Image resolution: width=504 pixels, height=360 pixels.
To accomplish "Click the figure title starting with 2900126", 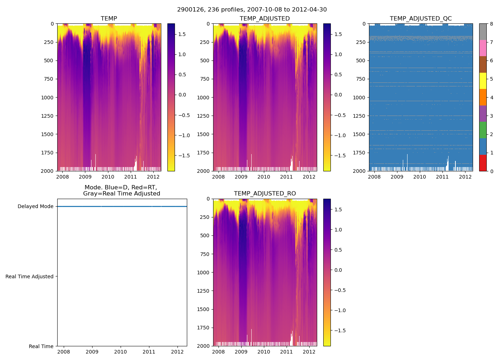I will (x=252, y=10).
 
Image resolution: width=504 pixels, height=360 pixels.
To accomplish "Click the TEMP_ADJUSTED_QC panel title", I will (x=420, y=19).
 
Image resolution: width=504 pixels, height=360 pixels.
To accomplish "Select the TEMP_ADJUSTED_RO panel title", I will (x=265, y=194).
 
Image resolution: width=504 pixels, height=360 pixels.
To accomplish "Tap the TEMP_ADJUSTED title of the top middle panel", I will (x=265, y=19).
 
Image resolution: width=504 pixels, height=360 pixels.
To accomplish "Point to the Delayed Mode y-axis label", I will (x=35, y=207).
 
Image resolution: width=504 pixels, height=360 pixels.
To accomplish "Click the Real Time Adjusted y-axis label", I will (x=30, y=276).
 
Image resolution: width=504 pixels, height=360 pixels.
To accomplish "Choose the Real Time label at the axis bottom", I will (x=41, y=346).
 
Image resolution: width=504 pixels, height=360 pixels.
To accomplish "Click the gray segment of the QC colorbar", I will (x=483, y=32).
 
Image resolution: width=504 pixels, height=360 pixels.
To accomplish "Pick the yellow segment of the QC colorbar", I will (x=483, y=81).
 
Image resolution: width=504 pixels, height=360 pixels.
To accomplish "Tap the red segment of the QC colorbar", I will (x=483, y=163).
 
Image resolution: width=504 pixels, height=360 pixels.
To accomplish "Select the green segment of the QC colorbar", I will (x=483, y=130).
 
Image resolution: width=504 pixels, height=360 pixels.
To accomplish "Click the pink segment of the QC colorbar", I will (x=483, y=48).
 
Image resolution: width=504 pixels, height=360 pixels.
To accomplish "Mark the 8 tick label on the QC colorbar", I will (x=491, y=24).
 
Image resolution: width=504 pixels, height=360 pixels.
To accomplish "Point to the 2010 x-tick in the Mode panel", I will (x=121, y=352).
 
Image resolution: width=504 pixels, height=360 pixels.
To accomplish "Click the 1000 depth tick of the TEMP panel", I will (x=47, y=98).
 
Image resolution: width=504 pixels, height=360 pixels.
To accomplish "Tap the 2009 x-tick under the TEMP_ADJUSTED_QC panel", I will (x=397, y=177).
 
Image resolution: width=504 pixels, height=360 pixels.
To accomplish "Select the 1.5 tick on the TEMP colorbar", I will (x=182, y=35).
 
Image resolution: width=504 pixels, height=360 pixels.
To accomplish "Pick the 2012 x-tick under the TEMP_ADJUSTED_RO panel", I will (x=309, y=352).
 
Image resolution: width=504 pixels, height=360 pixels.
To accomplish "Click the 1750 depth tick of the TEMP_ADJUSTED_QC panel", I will (x=359, y=153).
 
